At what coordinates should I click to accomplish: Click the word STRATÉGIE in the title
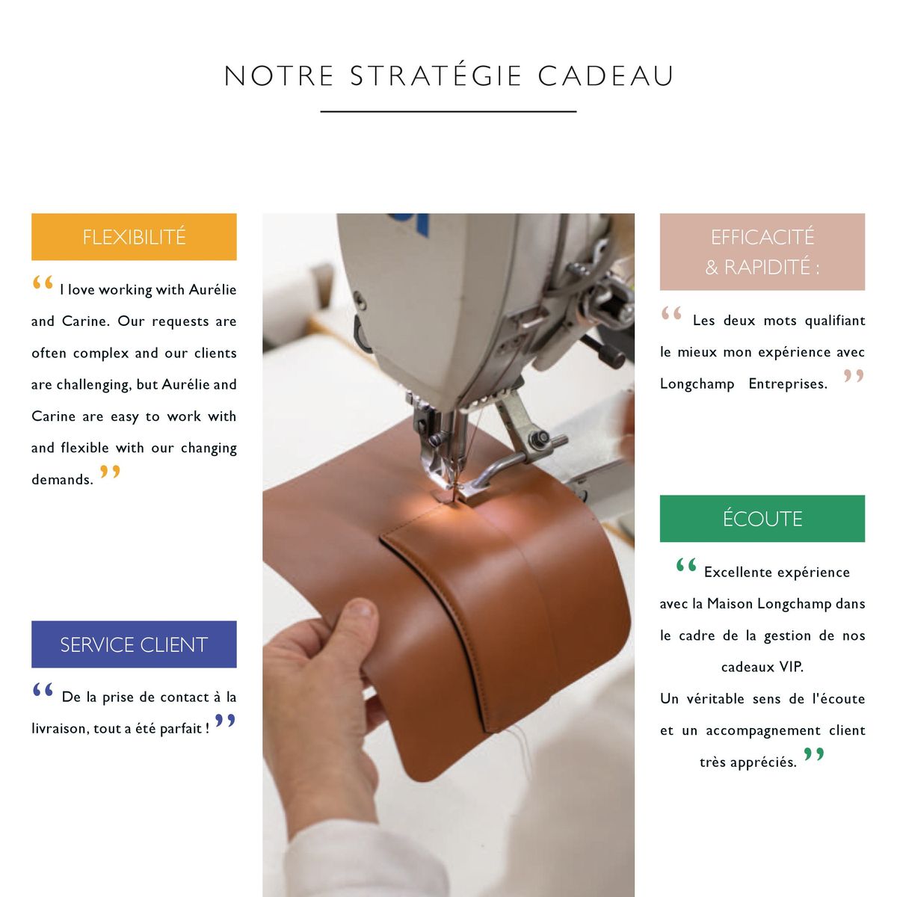[x=436, y=76]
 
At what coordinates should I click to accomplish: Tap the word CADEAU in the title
[x=605, y=76]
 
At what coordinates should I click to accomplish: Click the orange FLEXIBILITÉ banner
[x=134, y=237]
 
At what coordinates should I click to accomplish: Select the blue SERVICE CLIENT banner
[x=134, y=644]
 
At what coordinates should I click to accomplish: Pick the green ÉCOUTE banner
[x=762, y=519]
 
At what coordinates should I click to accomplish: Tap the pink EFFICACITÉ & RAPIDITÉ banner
[x=762, y=252]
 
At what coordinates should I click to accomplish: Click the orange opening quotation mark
[x=43, y=283]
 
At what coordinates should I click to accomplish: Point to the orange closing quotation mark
[x=110, y=472]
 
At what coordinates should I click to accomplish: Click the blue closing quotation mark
[x=225, y=721]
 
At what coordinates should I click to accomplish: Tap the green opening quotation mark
[x=686, y=565]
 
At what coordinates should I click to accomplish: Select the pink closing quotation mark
[x=854, y=376]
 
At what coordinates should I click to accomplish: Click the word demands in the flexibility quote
[x=62, y=480]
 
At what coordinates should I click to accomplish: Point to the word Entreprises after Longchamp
[x=788, y=384]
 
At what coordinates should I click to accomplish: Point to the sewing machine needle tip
[x=451, y=495]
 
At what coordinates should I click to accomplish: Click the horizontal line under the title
[x=449, y=111]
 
